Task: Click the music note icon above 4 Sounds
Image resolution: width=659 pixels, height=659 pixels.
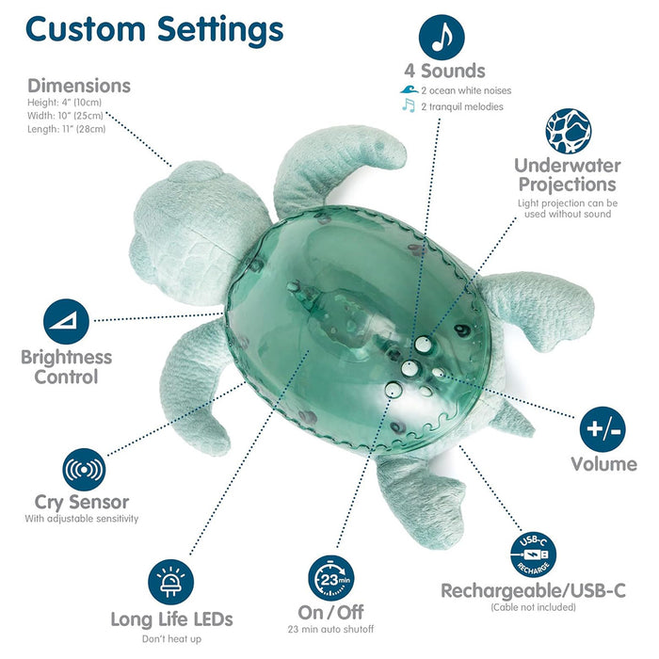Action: tap(442, 38)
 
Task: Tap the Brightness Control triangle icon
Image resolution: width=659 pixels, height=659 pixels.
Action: tap(66, 322)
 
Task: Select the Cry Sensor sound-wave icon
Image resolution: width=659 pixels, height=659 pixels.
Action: tap(84, 470)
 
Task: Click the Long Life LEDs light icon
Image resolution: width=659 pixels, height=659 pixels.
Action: tap(170, 582)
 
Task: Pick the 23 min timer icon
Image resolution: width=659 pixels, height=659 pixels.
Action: tap(330, 578)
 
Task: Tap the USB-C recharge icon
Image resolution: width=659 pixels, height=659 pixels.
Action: tap(534, 555)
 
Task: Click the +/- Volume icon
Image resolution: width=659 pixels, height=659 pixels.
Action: tap(603, 429)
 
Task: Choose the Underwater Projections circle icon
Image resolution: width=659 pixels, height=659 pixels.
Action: tap(569, 131)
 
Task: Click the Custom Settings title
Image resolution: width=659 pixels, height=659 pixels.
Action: tap(154, 30)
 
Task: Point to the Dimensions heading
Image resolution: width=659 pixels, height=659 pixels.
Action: tap(79, 86)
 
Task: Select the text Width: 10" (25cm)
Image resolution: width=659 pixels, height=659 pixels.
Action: tap(65, 116)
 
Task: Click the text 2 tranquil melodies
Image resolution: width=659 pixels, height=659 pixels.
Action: tap(462, 106)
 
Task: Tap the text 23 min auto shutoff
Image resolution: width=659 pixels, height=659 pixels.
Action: tap(330, 629)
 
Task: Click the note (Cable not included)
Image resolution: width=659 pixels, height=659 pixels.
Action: tap(534, 607)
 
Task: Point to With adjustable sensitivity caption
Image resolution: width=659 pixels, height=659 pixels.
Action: tap(82, 519)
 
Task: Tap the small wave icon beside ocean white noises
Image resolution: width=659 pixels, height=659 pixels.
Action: tap(409, 90)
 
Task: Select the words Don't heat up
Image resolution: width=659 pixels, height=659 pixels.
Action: tap(171, 639)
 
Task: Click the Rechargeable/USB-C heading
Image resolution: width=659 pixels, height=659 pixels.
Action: tap(534, 591)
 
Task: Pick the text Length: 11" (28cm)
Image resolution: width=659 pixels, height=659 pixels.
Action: tap(67, 129)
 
